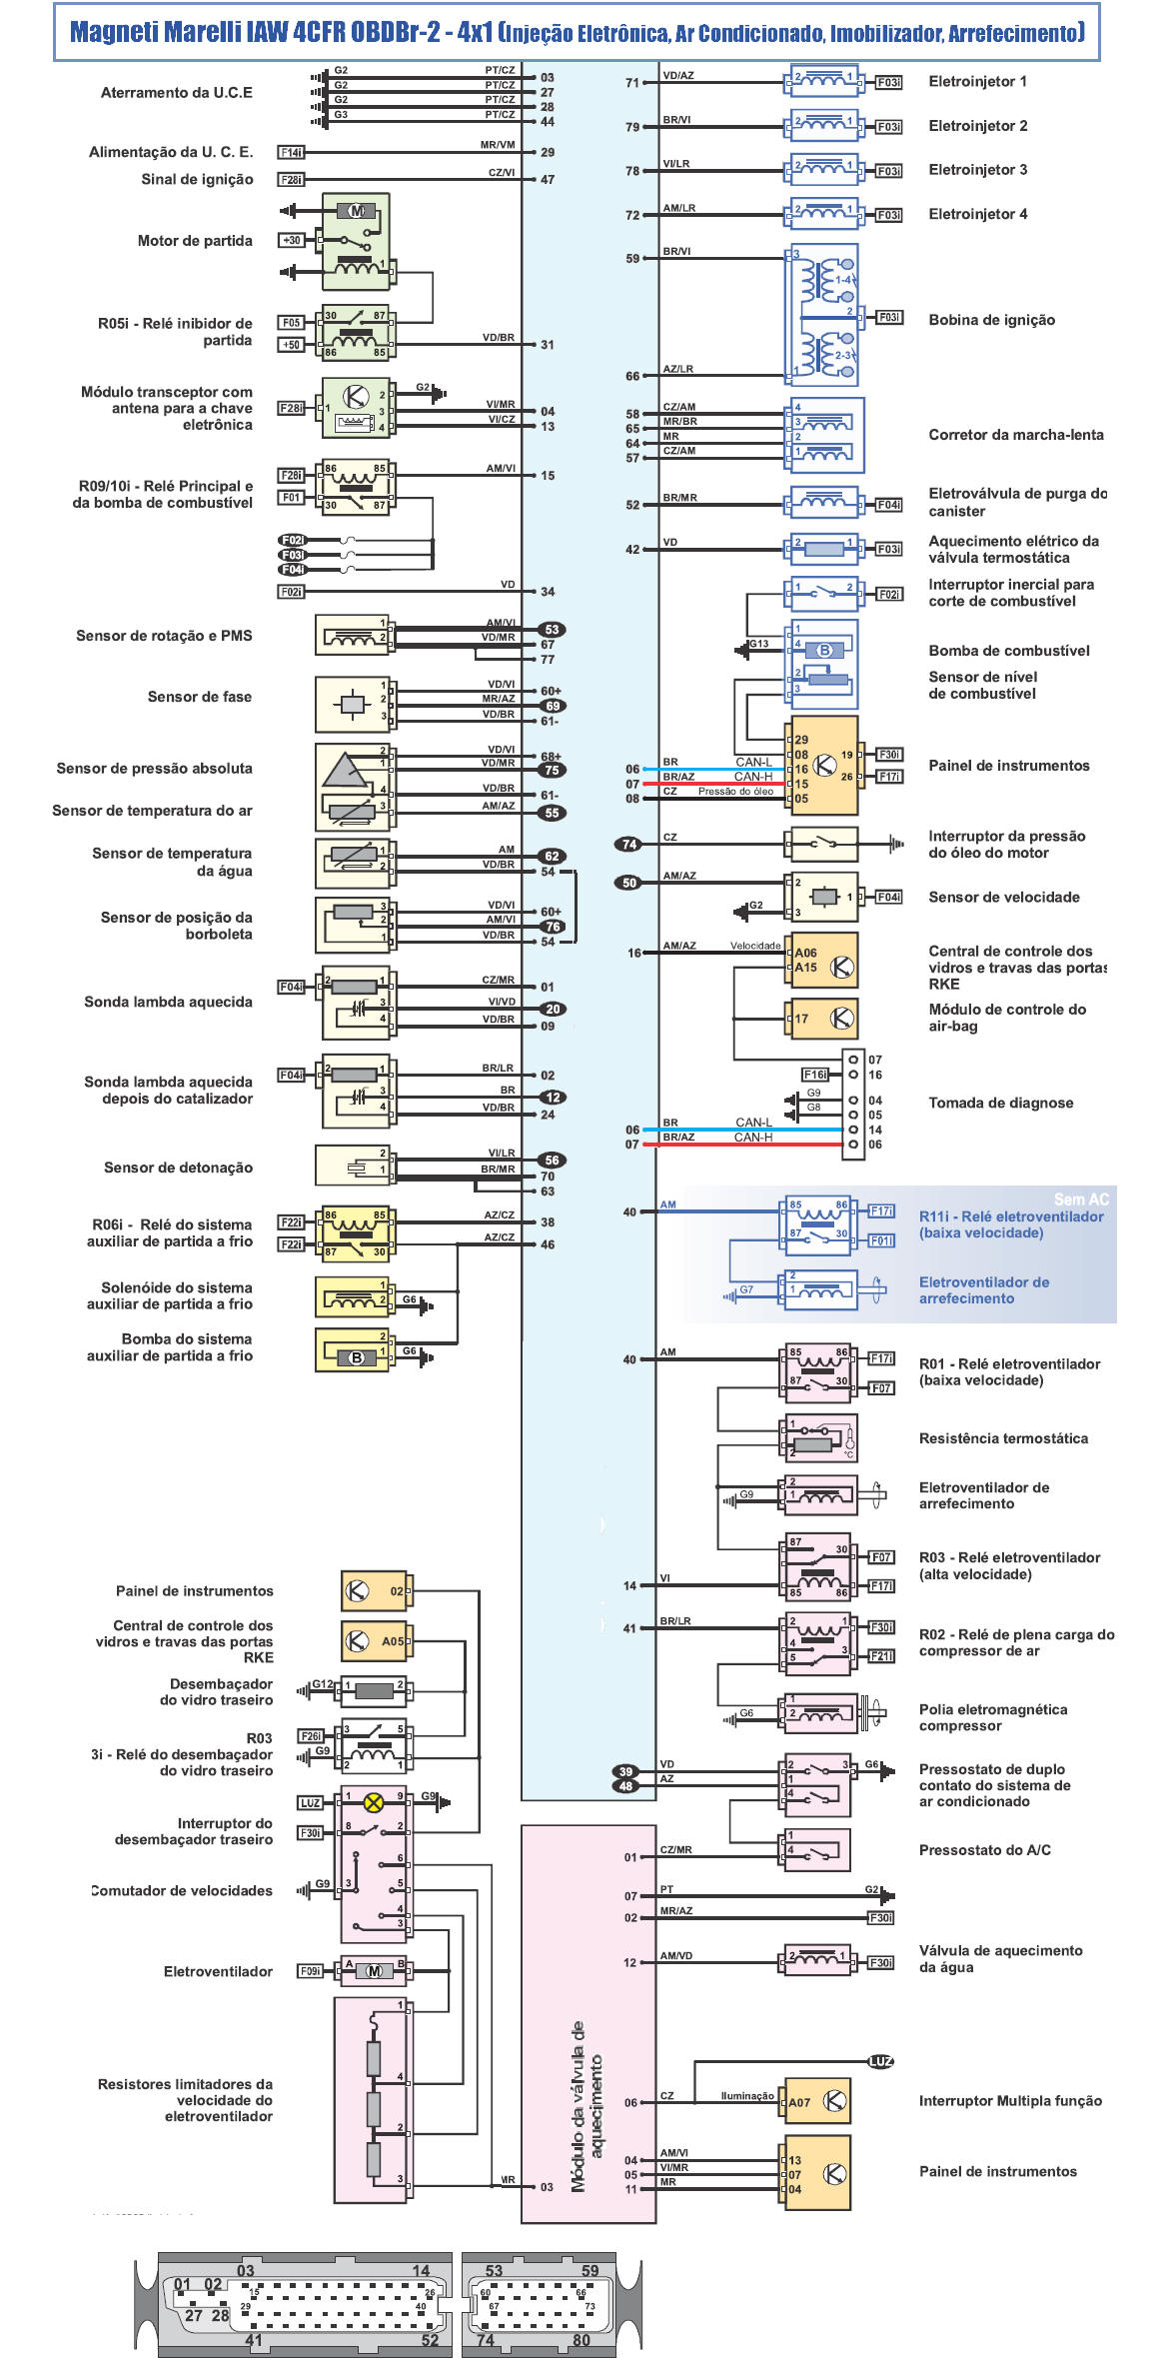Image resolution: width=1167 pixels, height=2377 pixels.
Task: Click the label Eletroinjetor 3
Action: click(x=977, y=170)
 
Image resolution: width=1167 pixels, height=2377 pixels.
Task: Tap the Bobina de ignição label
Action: click(x=991, y=320)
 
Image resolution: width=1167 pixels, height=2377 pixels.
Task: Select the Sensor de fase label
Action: click(x=199, y=697)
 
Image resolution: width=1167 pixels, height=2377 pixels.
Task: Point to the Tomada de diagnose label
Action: click(x=1000, y=1103)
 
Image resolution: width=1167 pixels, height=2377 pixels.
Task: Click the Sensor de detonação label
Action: click(x=178, y=1168)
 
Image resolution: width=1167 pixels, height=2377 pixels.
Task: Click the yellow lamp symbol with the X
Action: click(x=373, y=1802)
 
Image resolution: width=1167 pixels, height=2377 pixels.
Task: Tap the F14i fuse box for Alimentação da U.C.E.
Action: click(x=291, y=153)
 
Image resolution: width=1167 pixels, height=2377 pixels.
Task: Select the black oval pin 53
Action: click(x=552, y=630)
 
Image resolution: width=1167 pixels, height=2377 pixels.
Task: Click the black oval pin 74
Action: click(x=628, y=844)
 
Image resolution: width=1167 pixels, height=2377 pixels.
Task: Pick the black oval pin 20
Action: click(x=553, y=1009)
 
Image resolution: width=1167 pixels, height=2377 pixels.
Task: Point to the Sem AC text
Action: click(x=1081, y=1199)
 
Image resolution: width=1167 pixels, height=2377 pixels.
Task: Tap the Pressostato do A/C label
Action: click(x=984, y=1850)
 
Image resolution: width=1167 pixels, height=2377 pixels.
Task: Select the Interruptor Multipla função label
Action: click(x=1010, y=2101)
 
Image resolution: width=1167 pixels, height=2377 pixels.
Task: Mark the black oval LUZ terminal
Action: click(x=880, y=2061)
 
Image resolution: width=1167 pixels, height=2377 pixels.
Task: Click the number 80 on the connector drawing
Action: click(x=581, y=2340)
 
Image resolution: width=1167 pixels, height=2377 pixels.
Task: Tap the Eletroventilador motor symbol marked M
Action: click(x=375, y=1971)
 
